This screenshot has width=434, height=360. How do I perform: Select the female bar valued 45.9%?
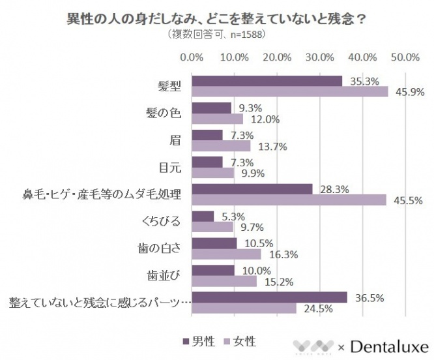(291, 92)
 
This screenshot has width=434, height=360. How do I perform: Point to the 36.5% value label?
(369, 298)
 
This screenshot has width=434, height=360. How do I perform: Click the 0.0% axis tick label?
(192, 57)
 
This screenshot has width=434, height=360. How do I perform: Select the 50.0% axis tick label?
(404, 57)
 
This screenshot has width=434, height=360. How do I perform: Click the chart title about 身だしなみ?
(216, 18)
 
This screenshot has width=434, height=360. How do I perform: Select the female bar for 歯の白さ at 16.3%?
(227, 254)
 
